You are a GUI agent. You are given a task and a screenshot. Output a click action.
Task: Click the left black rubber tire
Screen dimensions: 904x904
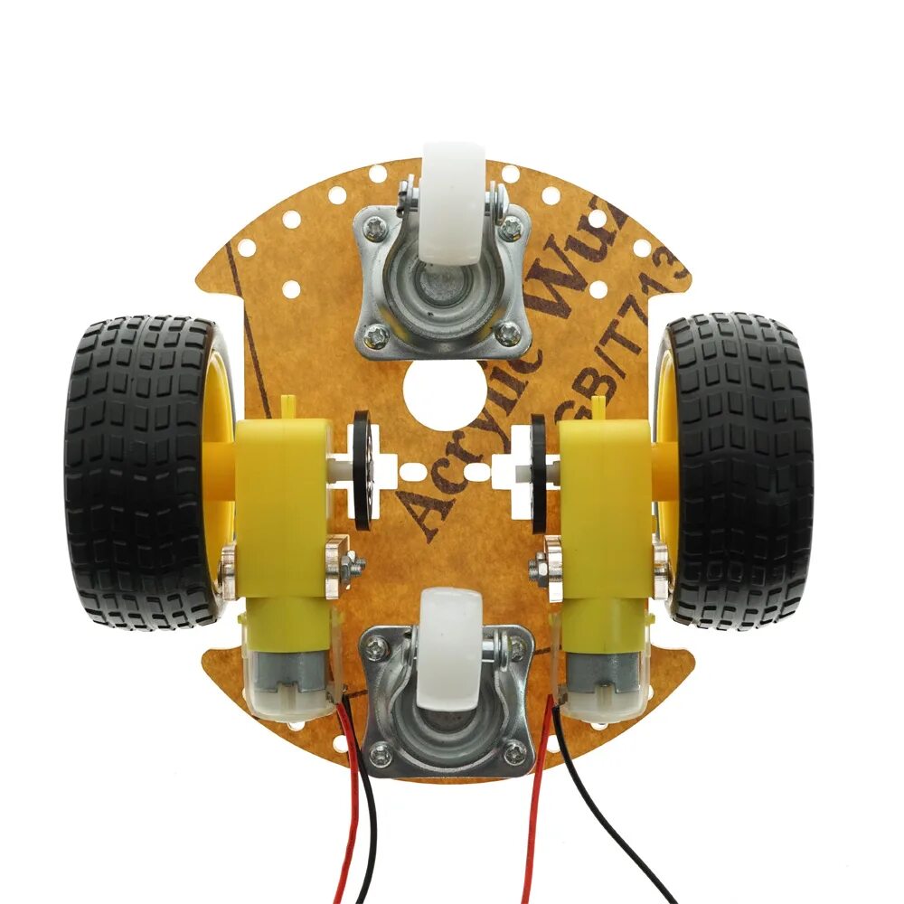click(136, 470)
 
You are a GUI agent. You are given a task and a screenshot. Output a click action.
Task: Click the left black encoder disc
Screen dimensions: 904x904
click(362, 470)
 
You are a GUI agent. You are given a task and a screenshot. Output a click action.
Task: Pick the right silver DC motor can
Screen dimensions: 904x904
click(601, 673)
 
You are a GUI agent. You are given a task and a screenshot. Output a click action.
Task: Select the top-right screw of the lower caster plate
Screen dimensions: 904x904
click(516, 647)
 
